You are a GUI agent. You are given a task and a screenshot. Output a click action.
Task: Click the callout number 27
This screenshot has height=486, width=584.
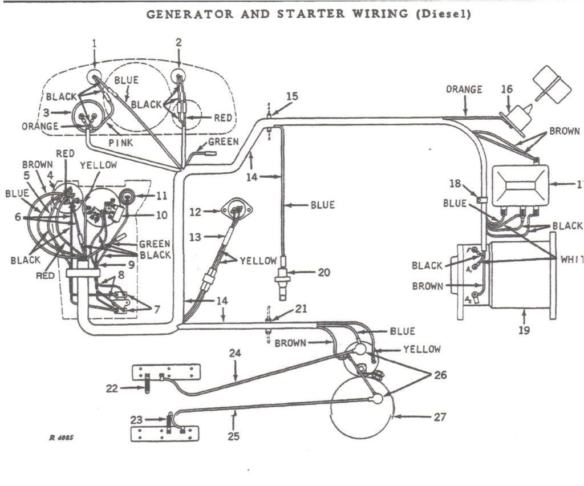439,417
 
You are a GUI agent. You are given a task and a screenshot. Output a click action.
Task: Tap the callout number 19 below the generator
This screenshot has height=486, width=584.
524,330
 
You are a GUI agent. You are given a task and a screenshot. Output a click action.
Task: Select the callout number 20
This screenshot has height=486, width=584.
324,272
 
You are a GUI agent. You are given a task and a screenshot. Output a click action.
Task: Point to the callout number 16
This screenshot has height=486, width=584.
507,89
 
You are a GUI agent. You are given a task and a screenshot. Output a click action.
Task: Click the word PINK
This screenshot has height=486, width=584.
121,142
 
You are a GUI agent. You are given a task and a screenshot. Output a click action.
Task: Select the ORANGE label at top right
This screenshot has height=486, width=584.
464,90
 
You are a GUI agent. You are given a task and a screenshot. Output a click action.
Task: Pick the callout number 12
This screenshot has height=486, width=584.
195,212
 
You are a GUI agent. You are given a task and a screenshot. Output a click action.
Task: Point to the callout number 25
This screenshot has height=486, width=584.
233,437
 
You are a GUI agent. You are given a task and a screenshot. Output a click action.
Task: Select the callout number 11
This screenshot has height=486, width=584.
161,195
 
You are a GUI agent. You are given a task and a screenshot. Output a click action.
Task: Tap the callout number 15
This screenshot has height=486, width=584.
291,96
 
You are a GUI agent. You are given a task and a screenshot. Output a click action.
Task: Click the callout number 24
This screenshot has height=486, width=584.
236,354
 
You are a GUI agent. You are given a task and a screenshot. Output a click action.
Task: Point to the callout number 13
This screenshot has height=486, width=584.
195,237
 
